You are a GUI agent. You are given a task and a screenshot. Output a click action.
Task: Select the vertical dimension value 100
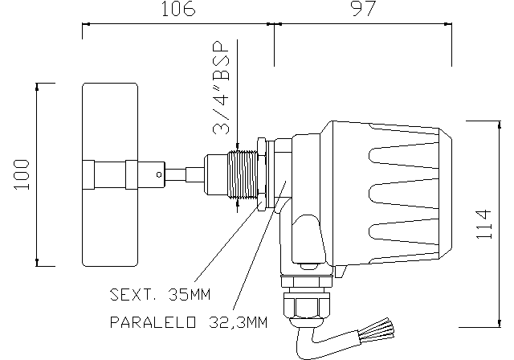(22, 174)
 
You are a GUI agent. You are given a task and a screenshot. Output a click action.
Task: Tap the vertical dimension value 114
(483, 225)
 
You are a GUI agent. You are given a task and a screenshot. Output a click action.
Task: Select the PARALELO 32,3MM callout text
(188, 323)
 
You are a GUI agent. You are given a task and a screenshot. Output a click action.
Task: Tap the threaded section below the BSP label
(239, 174)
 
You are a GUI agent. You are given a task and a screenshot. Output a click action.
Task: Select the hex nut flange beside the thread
(262, 173)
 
